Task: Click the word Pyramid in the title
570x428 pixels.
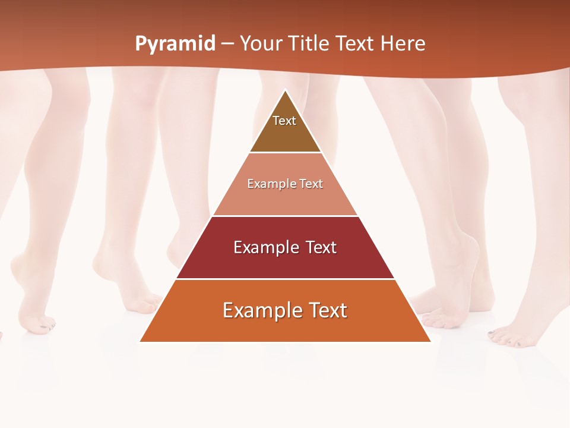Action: pos(175,44)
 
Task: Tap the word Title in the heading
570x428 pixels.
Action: pos(308,44)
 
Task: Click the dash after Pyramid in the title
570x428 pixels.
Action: pos(227,44)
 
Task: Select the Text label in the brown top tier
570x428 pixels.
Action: pos(284,121)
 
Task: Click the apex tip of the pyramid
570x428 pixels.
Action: pos(286,90)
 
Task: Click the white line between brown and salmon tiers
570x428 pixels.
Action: pos(286,153)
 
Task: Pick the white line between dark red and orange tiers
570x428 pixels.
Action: pos(286,279)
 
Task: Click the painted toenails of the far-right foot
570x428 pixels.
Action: pos(505,341)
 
